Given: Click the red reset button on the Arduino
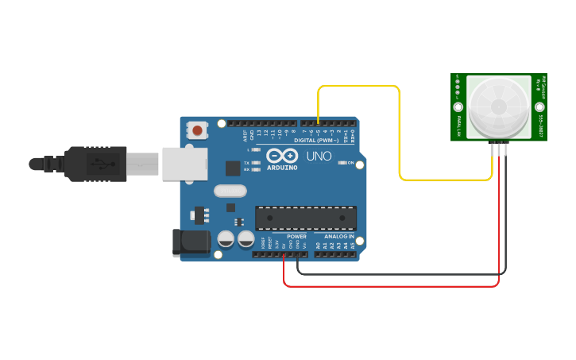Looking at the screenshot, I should [197, 129].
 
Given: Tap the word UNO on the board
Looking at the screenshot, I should [318, 156].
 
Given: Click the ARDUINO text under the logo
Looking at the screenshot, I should [282, 168].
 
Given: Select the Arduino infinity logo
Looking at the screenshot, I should [282, 155].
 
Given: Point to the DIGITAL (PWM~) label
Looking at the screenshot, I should [316, 140].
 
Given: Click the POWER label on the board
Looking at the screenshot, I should [296, 236].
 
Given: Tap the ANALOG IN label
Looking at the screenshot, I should [339, 236].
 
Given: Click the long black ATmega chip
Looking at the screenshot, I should [306, 219].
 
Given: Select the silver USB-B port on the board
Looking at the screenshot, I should [184, 164].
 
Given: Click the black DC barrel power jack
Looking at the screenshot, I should [191, 242].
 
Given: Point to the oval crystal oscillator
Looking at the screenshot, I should [230, 191].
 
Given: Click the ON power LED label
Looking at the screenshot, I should [350, 162].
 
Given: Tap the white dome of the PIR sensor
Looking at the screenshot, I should [499, 106].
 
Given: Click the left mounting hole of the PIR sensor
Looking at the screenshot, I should [458, 106].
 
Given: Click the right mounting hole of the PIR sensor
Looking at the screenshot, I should [539, 106].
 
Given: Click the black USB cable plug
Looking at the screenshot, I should [95, 164].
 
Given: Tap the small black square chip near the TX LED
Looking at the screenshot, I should [233, 168].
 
